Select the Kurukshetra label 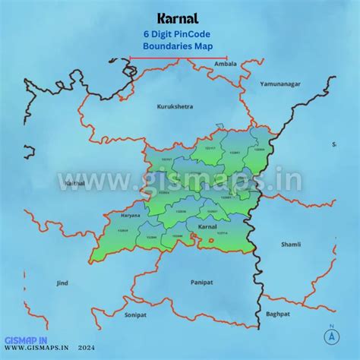coord(175,106)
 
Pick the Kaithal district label coord(75,183)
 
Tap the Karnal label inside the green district coord(207,227)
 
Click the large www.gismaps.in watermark coord(180,181)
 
